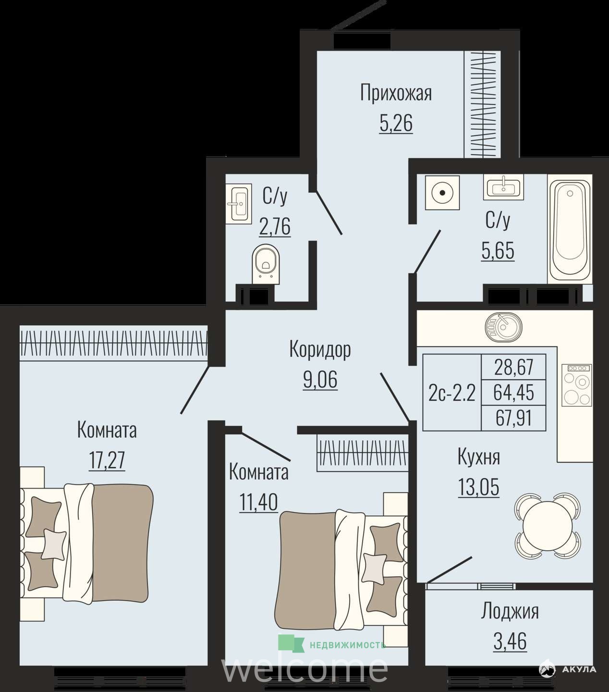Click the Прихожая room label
pos(396,94)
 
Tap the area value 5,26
pos(396,123)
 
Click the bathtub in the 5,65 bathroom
pos(570,229)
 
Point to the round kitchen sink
pos(503,328)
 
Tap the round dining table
pos(547,525)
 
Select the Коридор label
pos(320,349)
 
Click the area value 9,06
pos(320,379)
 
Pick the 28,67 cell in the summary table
pos(514,367)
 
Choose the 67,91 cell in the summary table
pos(514,418)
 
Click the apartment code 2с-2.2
pos(451,393)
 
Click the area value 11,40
pos(258,502)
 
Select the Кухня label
pos(478,457)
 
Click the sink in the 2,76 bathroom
pos(239,204)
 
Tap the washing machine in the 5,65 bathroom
pos(442,193)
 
